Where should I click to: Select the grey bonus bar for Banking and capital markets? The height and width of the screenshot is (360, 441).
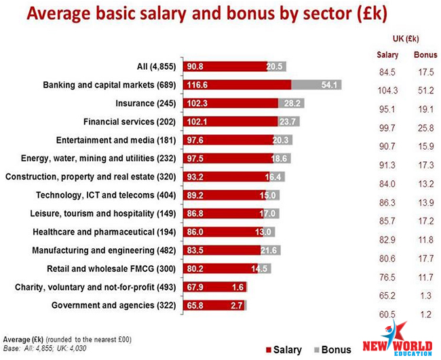(316, 85)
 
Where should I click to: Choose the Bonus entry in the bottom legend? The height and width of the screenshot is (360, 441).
(334, 350)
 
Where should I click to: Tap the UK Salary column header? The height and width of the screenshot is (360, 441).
(387, 54)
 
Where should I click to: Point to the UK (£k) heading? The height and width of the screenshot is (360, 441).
(406, 37)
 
